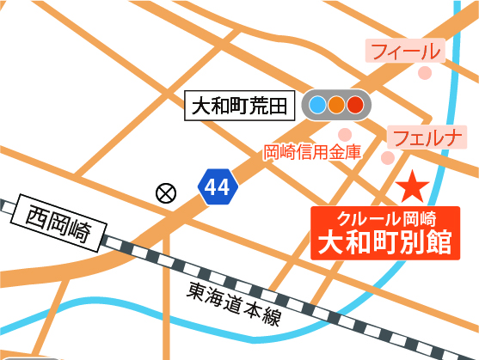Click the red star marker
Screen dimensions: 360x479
413,186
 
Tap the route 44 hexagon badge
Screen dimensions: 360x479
217,188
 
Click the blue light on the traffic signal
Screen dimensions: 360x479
317,107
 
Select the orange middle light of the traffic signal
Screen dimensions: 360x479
336,107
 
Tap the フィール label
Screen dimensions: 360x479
405,52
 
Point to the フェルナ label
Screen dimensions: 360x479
427,137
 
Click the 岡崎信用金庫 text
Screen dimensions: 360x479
311,152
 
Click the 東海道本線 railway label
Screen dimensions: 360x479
233,305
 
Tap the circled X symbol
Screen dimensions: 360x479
164,192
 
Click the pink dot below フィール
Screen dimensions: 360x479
424,73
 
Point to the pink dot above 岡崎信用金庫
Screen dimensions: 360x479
345,133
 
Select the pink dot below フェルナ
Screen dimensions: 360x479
389,158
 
